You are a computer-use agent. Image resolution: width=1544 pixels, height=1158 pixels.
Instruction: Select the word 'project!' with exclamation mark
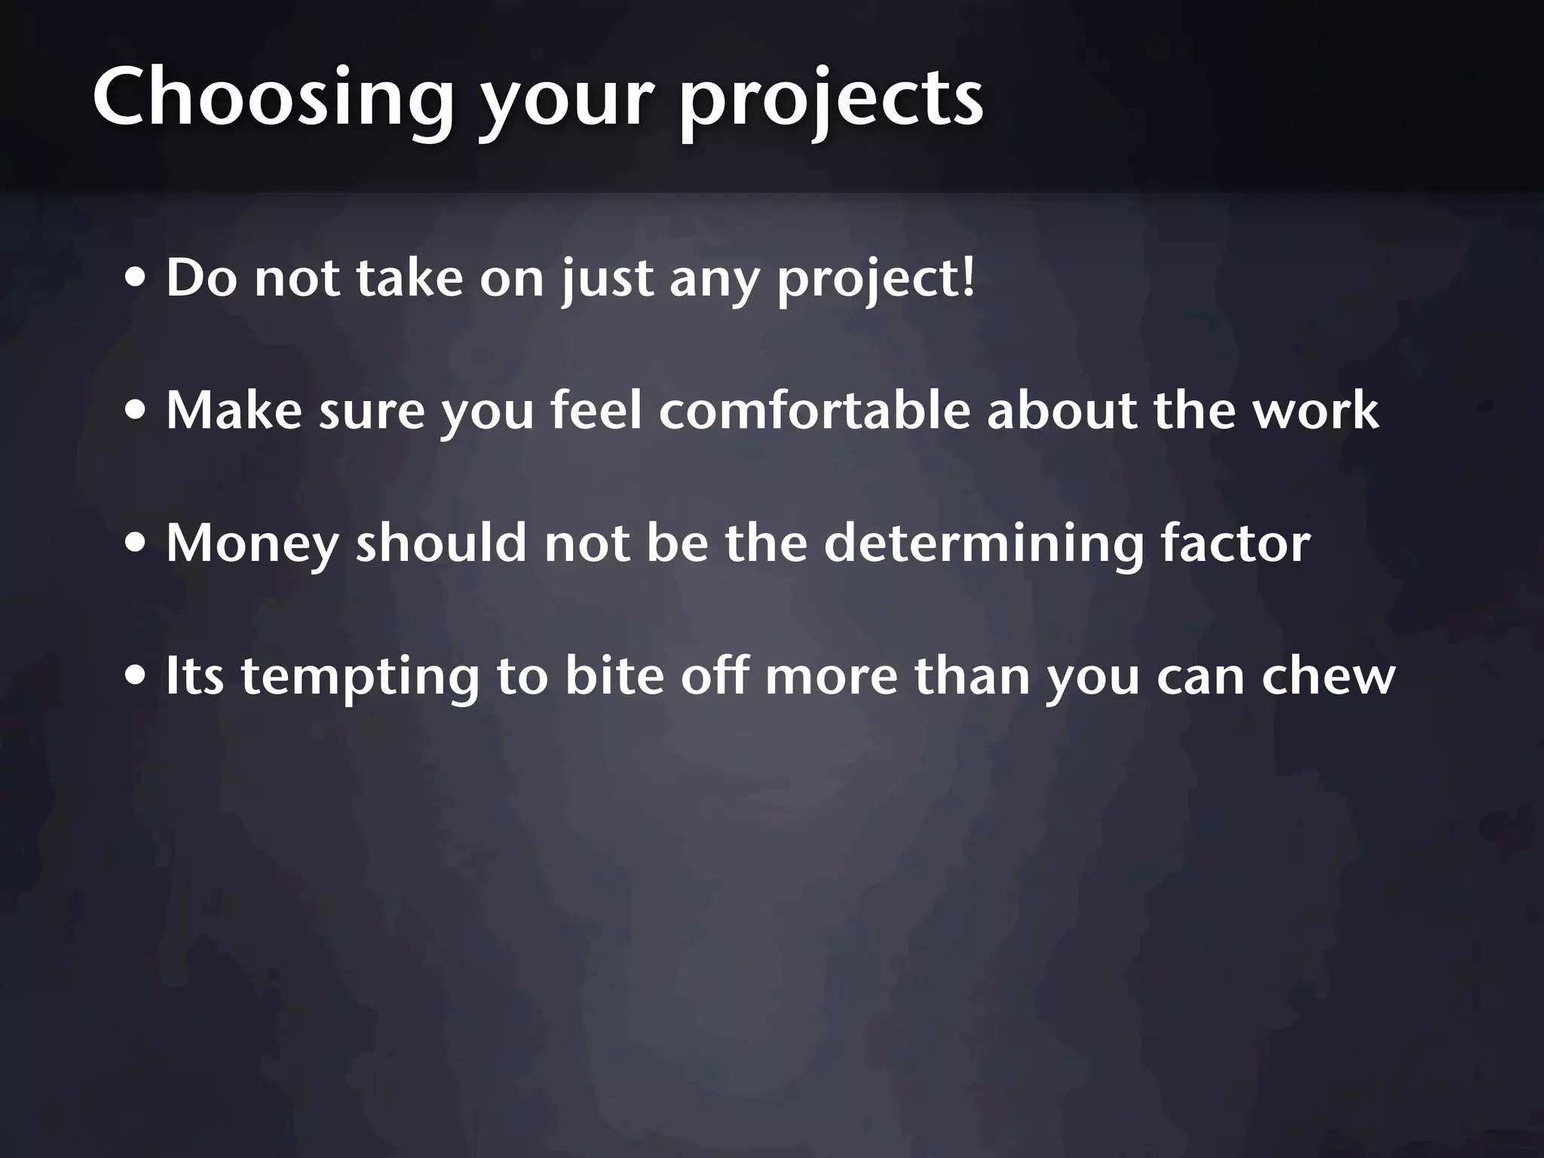pos(876,280)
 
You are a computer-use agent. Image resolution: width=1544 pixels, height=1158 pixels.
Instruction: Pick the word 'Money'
pos(252,544)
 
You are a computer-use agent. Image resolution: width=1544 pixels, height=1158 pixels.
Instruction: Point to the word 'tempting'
pos(360,677)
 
